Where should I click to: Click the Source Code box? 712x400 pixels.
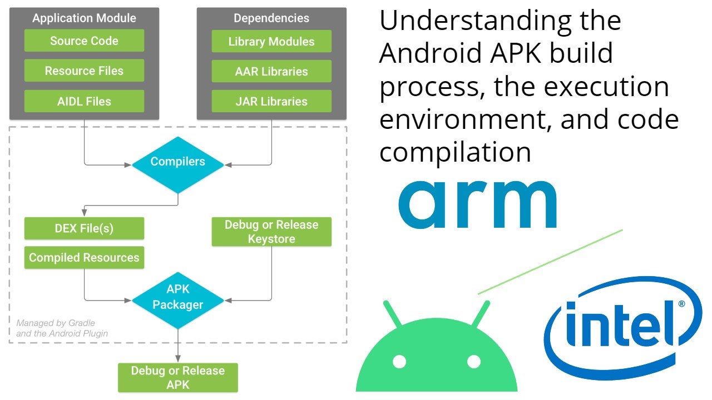pos(84,41)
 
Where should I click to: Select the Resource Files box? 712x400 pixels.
pos(84,71)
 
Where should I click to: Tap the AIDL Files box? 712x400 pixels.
pos(84,101)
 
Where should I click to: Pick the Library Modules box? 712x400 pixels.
pos(271,42)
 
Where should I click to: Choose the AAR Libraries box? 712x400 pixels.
pos(271,72)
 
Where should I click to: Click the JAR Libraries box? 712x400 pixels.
pos(271,101)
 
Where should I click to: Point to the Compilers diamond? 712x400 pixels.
pos(177,162)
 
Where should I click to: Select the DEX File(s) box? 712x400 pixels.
pos(84,228)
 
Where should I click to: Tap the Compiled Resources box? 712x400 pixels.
pos(84,258)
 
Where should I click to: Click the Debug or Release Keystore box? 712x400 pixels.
pos(271,232)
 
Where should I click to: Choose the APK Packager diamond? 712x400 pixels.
pos(177,298)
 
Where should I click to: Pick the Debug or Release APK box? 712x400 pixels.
pos(177,378)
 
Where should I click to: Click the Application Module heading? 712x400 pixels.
pos(84,18)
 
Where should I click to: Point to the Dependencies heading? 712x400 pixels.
pos(271,18)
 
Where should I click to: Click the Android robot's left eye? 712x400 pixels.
pos(399,362)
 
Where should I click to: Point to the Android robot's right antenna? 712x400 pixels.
pos(481,314)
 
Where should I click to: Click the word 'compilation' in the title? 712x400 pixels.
pos(455,151)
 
